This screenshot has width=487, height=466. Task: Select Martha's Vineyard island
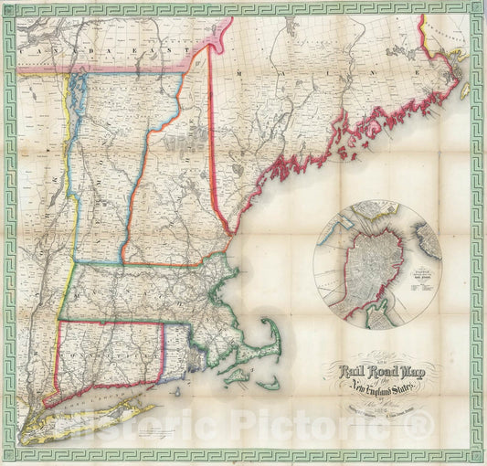click(x=235, y=375)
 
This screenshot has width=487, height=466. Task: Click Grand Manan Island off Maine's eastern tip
click(x=463, y=90)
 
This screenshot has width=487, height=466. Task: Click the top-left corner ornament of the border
click(x=10, y=8)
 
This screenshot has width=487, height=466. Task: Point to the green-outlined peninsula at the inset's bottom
click(x=376, y=319)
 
